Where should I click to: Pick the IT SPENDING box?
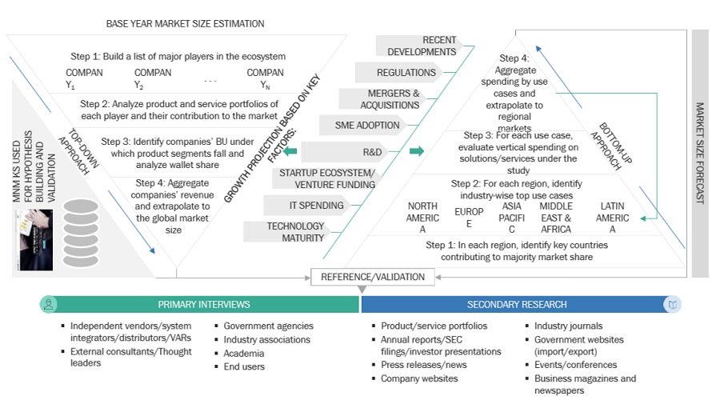click(307, 206)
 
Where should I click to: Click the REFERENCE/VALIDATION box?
click(373, 277)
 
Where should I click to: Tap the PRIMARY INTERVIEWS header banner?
click(203, 305)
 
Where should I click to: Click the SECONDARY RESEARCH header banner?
click(517, 305)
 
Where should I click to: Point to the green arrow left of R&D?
click(289, 151)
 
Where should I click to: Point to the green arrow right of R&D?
click(416, 151)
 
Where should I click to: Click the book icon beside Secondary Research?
click(674, 305)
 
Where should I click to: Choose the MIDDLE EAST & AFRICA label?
click(555, 218)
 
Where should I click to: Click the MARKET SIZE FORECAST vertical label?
click(699, 152)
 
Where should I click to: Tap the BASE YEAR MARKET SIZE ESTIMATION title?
click(185, 24)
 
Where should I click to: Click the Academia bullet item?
click(244, 354)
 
